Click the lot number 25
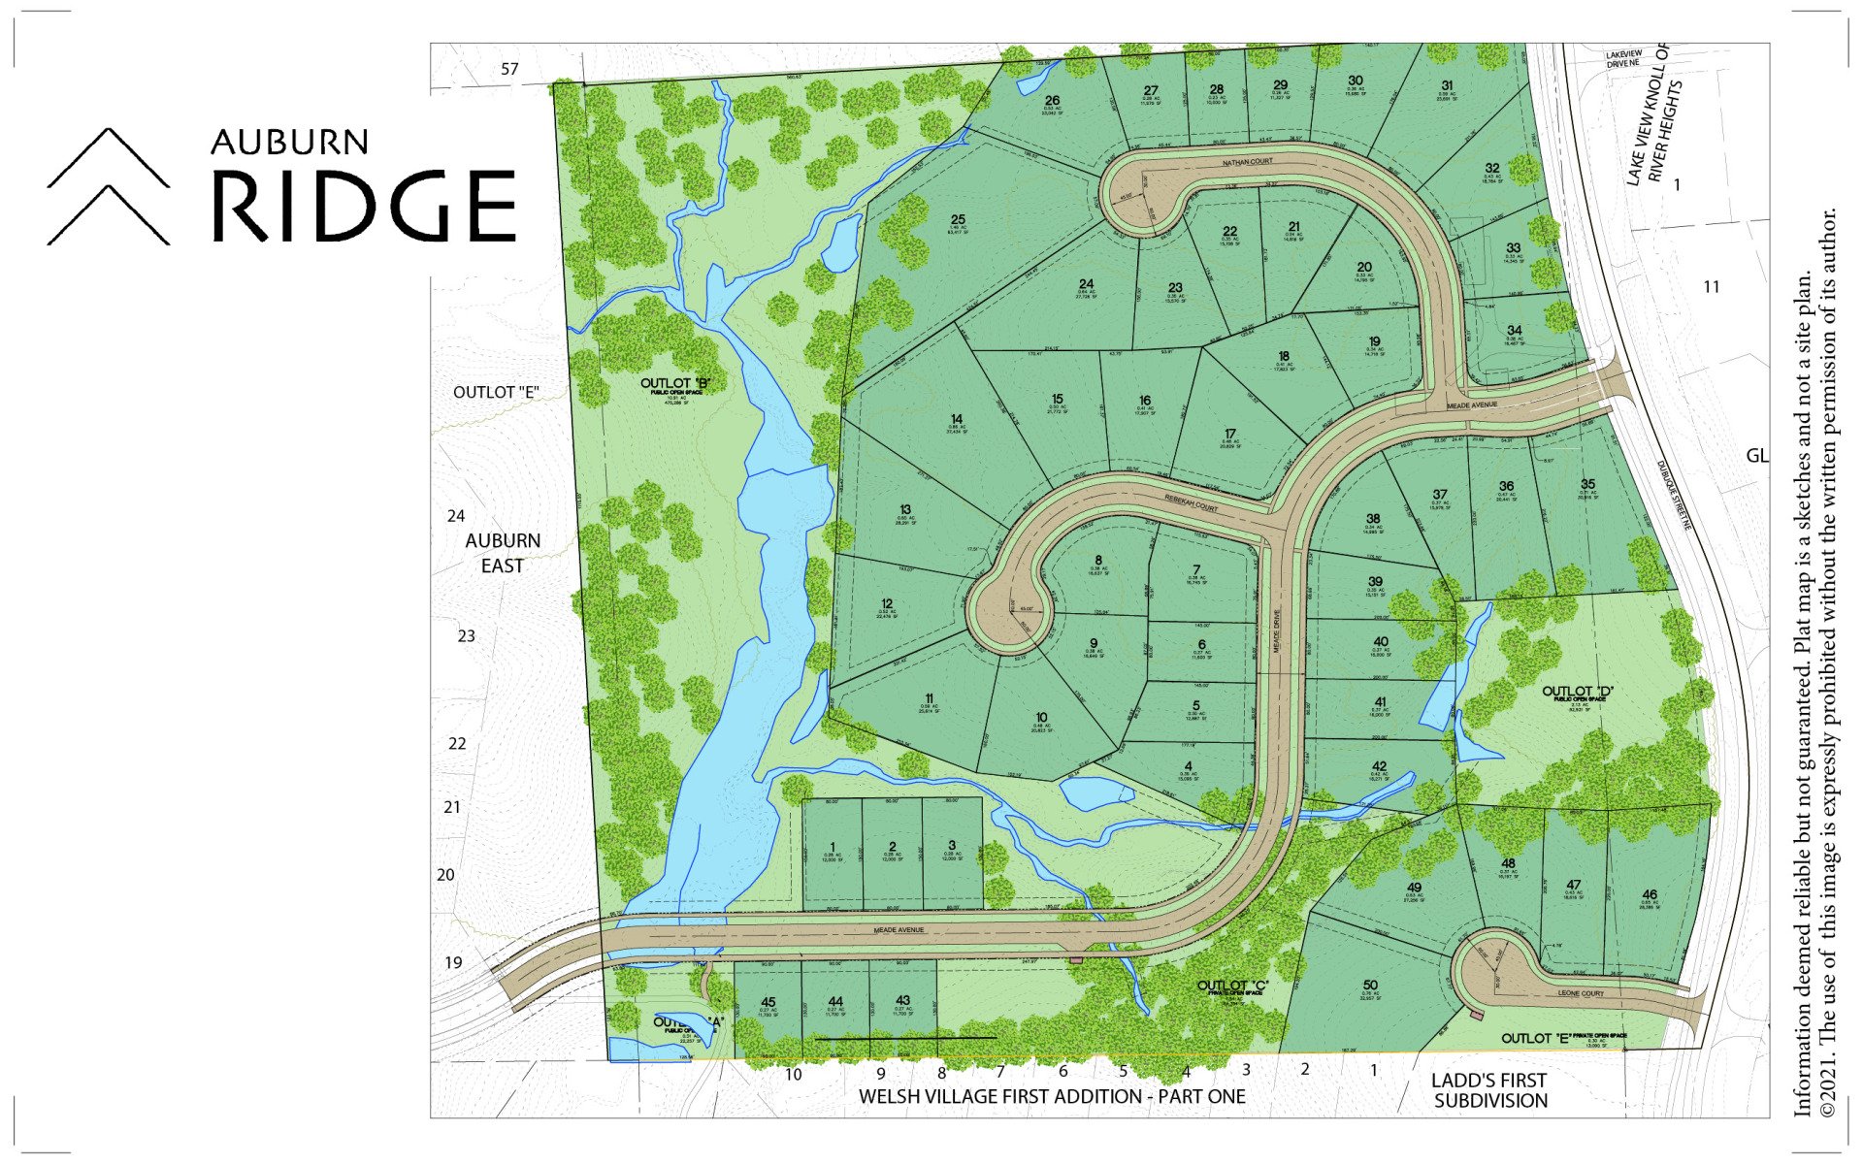point(958,220)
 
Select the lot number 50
point(1370,986)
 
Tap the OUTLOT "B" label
point(676,384)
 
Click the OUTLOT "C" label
point(1233,986)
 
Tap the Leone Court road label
point(1581,993)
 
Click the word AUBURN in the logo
point(289,143)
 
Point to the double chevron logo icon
point(108,186)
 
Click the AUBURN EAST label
point(503,553)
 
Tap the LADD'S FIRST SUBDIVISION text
point(1490,1090)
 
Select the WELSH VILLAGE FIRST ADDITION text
point(1052,1096)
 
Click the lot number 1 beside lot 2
point(833,847)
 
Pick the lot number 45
point(768,1002)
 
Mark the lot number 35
point(1587,484)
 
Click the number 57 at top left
point(510,69)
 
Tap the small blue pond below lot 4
point(1095,792)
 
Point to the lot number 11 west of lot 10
point(929,698)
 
